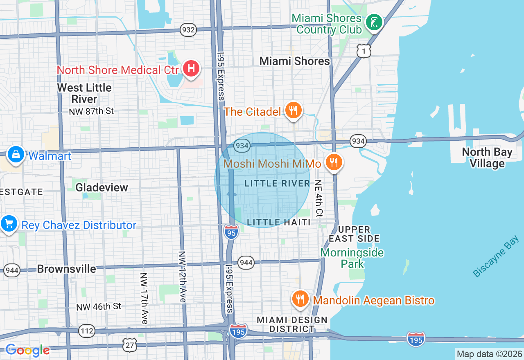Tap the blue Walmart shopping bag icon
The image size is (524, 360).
(x=16, y=155)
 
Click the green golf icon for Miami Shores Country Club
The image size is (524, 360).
(x=374, y=22)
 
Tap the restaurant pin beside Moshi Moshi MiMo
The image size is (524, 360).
(x=334, y=162)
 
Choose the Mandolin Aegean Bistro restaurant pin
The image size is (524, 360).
(x=301, y=299)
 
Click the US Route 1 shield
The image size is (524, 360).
(x=364, y=51)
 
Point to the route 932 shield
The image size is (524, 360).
(x=188, y=30)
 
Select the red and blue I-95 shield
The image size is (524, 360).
(x=231, y=233)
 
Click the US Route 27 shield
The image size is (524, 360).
(x=129, y=344)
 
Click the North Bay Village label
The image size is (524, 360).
(x=487, y=157)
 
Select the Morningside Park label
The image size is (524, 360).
(x=352, y=258)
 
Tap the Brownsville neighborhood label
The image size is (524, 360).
(x=66, y=269)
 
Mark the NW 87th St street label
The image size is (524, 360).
(x=92, y=111)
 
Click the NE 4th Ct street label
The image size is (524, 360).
(x=318, y=198)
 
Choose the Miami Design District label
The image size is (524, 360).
(x=292, y=324)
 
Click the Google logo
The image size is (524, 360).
(x=27, y=351)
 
